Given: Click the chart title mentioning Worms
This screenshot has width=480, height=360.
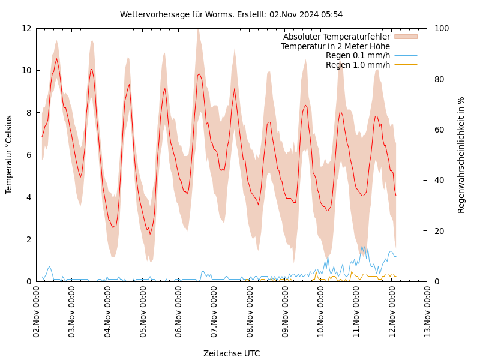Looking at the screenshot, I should tap(231, 14).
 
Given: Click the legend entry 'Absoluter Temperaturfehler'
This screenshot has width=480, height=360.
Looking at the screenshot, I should tap(336, 37).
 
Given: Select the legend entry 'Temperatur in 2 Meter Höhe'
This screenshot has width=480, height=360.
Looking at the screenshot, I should tap(335, 46).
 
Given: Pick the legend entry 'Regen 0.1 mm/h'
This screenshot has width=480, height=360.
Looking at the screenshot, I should tap(358, 55).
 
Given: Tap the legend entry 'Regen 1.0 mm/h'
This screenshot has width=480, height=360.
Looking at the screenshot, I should tap(358, 65).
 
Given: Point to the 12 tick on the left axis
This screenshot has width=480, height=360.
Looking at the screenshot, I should tap(26, 28).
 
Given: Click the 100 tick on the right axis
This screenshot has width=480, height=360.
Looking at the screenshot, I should tap(442, 28).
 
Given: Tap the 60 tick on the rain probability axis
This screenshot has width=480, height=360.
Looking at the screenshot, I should tap(439, 130).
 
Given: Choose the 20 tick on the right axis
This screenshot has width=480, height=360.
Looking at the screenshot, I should tap(439, 231).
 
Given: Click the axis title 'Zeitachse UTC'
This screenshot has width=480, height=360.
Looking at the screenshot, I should tap(232, 353).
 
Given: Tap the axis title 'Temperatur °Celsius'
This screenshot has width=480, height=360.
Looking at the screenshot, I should tap(9, 155).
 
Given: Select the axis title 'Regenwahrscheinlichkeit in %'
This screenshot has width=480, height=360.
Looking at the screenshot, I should tap(461, 155).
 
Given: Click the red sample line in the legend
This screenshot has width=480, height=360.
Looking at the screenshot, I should tap(405, 46).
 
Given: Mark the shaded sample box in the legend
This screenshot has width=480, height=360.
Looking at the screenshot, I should tap(405, 37).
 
